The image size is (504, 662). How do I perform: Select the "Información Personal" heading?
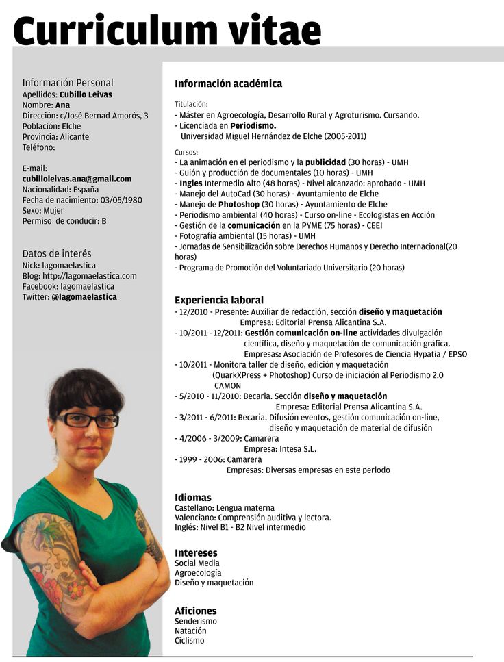pyautogui.click(x=68, y=82)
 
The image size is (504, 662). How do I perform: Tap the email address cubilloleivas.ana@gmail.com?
pyautogui.click(x=77, y=179)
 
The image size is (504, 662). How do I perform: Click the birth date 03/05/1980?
pyautogui.click(x=121, y=200)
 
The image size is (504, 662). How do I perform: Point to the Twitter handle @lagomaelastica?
pyautogui.click(x=84, y=297)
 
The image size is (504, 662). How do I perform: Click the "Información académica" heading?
pyautogui.click(x=228, y=84)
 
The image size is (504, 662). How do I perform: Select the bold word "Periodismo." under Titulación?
pyautogui.click(x=253, y=126)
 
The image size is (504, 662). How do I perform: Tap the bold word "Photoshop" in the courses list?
pyautogui.click(x=239, y=204)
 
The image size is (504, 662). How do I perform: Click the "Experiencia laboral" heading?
pyautogui.click(x=219, y=300)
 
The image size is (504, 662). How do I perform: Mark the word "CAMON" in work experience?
pyautogui.click(x=227, y=385)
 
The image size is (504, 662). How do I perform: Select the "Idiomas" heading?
pyautogui.click(x=193, y=497)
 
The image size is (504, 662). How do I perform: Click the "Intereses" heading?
pyautogui.click(x=196, y=552)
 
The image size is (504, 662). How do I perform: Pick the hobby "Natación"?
pyautogui.click(x=190, y=631)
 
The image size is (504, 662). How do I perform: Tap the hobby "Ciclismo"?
pyautogui.click(x=190, y=641)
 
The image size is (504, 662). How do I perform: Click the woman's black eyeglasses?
pyautogui.click(x=88, y=420)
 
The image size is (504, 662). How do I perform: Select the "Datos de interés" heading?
pyautogui.click(x=57, y=253)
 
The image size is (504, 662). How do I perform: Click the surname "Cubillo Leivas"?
pyautogui.click(x=86, y=94)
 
